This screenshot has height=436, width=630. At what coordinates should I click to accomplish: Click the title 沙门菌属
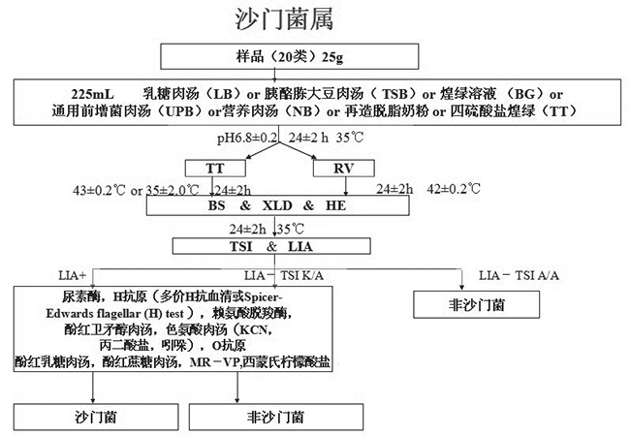pyautogui.click(x=307, y=20)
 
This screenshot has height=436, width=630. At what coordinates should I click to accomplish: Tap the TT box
pyautogui.click(x=214, y=168)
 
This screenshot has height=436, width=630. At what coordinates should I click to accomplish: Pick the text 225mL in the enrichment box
pyautogui.click(x=94, y=93)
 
